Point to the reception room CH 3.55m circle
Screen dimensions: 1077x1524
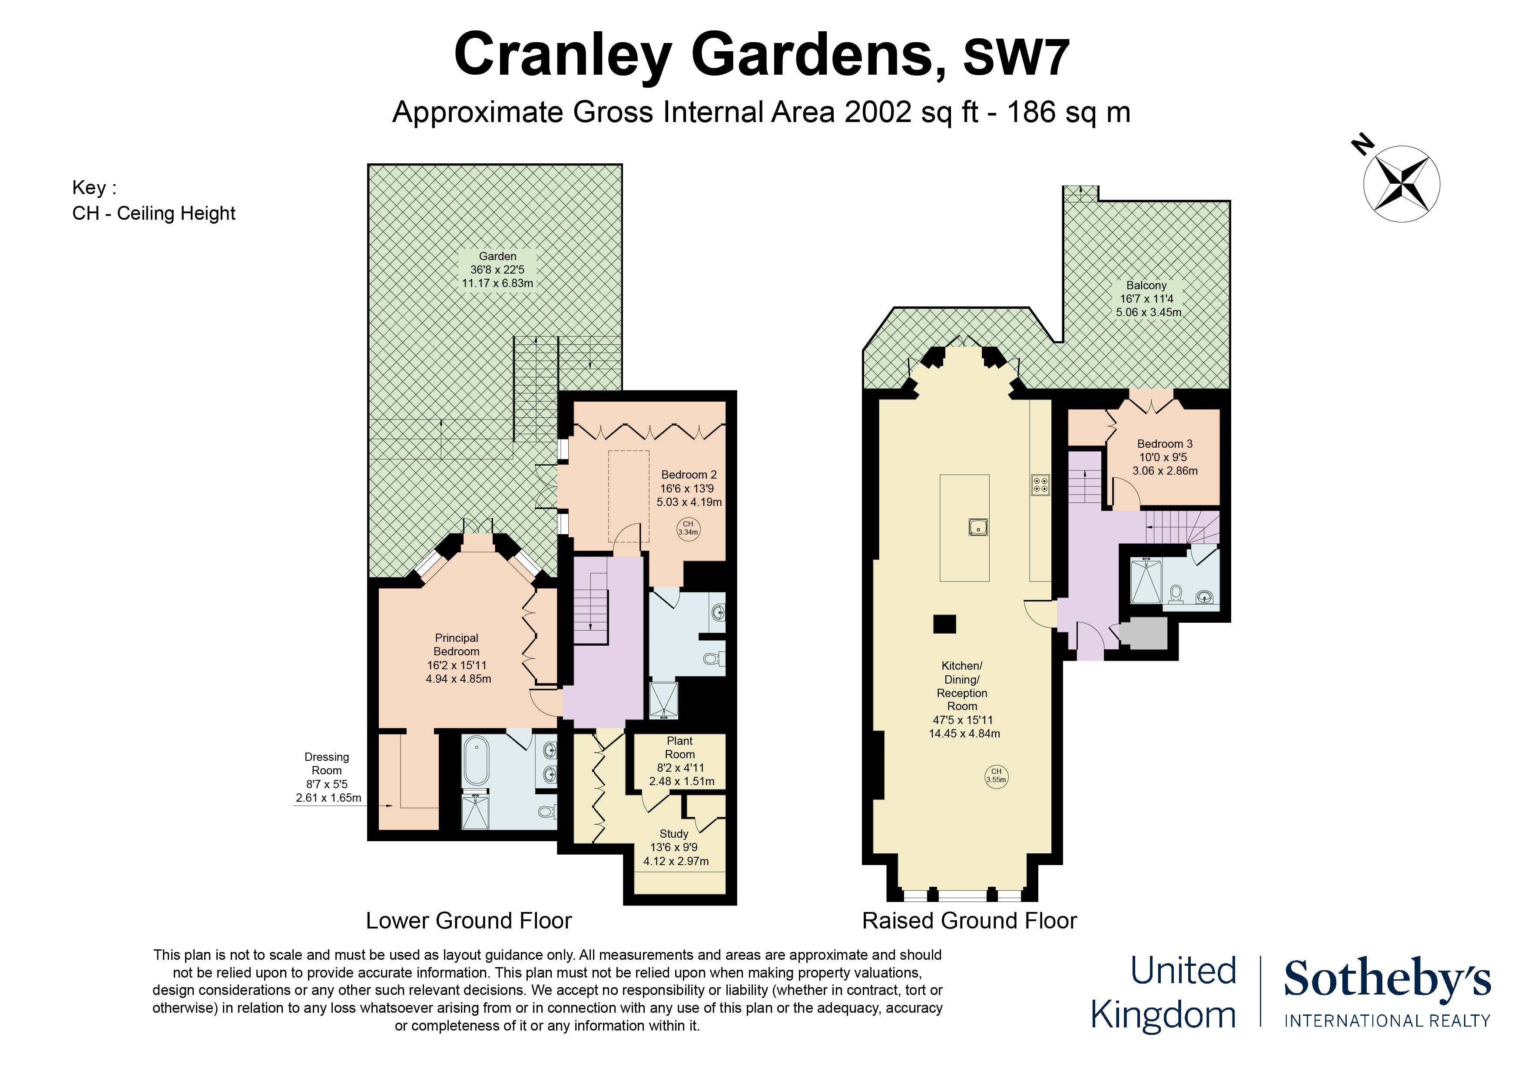coord(996,776)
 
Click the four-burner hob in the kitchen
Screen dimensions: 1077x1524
coord(1040,485)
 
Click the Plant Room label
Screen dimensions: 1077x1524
coord(680,747)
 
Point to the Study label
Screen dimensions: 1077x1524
coord(674,834)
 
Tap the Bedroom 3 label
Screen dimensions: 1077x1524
coord(1164,444)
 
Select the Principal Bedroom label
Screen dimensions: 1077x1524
coord(457,645)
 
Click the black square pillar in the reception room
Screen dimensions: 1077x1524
coord(944,624)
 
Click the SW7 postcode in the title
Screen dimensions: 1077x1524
coord(1016,58)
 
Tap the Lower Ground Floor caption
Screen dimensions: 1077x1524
coord(469,921)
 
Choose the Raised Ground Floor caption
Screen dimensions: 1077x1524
coord(969,921)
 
